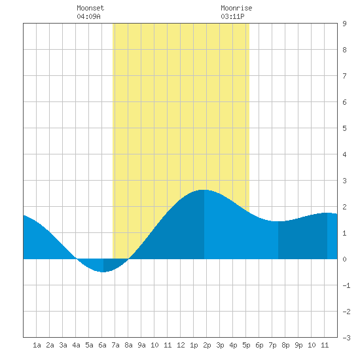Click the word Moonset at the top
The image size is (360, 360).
point(90,8)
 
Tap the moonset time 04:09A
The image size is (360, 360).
point(88,16)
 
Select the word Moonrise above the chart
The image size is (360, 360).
point(236,8)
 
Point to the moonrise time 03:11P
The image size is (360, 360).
point(232,16)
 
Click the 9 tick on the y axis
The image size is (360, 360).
point(344,24)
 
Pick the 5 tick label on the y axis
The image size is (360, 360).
point(344,128)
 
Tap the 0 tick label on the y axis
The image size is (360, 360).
point(344,259)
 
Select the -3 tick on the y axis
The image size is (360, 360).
point(346,338)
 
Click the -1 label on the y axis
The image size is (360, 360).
point(346,285)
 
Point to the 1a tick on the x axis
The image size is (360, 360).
point(37,345)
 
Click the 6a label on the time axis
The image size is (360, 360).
point(102,345)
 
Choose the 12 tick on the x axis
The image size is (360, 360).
point(181,345)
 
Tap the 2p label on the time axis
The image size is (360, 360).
point(207,345)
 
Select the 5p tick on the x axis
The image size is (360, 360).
point(246,345)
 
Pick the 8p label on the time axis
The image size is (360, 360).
point(285,345)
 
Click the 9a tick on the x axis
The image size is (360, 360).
point(141,345)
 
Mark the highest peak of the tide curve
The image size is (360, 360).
point(204,190)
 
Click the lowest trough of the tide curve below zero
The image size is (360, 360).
point(103,272)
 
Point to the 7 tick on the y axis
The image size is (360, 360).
point(344,76)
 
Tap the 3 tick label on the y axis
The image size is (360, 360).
point(344,181)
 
